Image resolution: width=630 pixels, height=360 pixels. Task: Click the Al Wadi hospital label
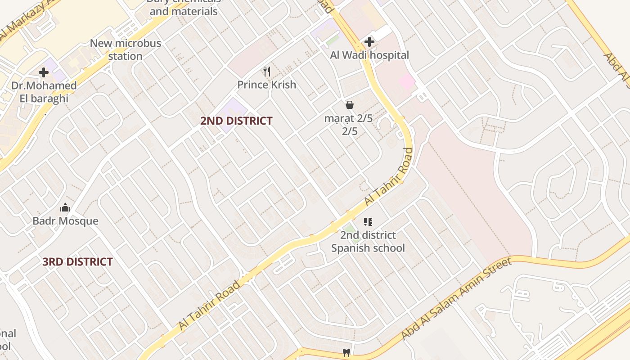(369, 55)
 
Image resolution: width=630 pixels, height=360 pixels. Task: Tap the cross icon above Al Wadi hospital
(369, 42)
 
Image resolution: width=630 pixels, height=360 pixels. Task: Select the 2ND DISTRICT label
(236, 121)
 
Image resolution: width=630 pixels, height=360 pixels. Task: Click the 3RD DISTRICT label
(77, 261)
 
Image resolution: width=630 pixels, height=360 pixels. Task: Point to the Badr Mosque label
(65, 221)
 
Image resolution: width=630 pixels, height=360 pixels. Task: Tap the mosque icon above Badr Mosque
(65, 207)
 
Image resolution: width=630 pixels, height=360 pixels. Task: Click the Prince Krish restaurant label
(266, 85)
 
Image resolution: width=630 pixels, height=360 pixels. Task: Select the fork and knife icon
(267, 71)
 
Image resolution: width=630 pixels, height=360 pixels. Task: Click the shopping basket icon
(350, 105)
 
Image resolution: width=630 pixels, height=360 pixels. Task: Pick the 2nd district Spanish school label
(368, 241)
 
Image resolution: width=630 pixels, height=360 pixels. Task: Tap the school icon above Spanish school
(368, 221)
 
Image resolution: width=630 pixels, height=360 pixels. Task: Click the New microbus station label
(125, 49)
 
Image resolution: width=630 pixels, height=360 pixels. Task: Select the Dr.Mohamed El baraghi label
(44, 92)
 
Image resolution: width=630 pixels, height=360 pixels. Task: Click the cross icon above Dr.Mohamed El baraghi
(44, 72)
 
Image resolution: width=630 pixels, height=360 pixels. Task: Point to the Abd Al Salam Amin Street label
(456, 299)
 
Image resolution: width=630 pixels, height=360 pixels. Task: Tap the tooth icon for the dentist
(346, 352)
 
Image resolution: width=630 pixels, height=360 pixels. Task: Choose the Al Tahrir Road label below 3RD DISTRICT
(209, 306)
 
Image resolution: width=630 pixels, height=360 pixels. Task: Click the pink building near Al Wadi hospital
(407, 81)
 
